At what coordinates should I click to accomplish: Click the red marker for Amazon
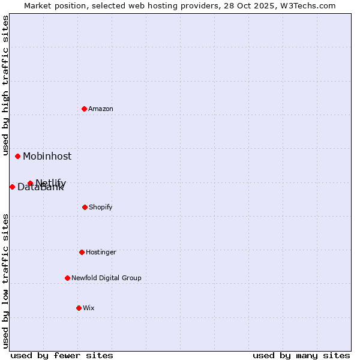tap(85, 109)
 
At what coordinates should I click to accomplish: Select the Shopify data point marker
tap(85, 207)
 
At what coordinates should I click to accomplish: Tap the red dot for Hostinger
tap(82, 252)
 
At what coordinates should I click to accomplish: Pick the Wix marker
tap(79, 308)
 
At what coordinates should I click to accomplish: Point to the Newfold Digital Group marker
tap(67, 278)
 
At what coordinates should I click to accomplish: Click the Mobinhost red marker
tap(18, 156)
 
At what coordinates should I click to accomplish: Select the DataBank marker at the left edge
tap(12, 187)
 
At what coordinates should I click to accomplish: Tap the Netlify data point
tap(30, 183)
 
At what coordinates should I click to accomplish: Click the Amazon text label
tap(101, 109)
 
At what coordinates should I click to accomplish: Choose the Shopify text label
tap(101, 207)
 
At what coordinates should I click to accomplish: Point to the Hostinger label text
tap(101, 252)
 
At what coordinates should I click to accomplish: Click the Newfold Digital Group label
tap(106, 278)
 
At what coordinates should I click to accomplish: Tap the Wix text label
tap(89, 308)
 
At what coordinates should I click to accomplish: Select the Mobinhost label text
tap(47, 156)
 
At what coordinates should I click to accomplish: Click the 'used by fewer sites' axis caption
tap(62, 355)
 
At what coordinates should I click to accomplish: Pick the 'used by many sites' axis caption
tap(301, 355)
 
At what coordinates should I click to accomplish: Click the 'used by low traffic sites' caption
tap(6, 281)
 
